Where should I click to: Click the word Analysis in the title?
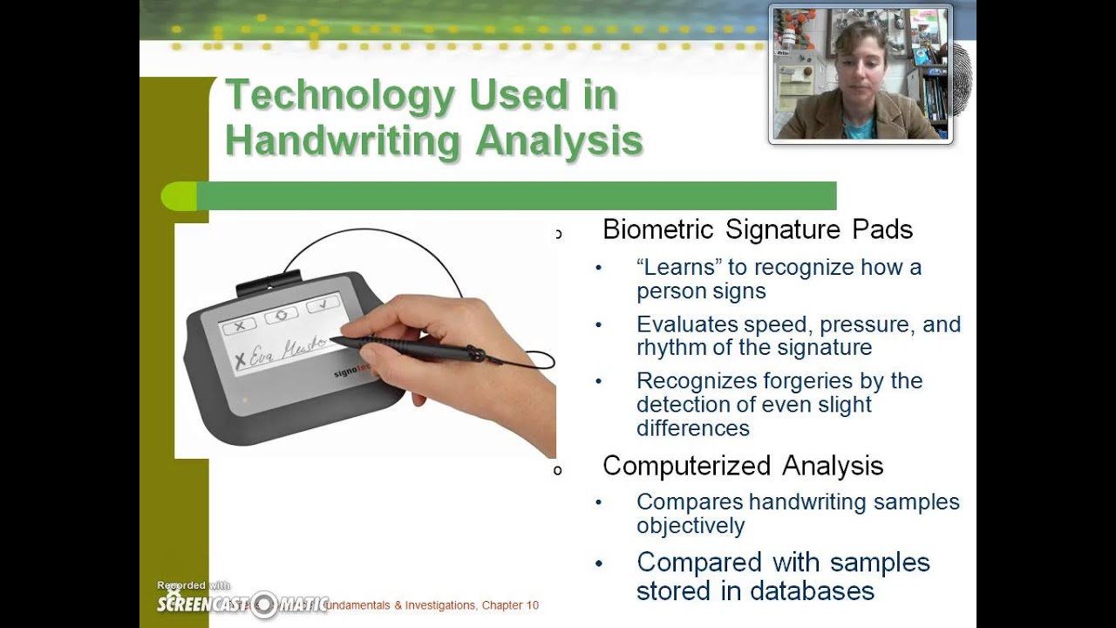pos(559,141)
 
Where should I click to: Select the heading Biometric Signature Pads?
pos(757,229)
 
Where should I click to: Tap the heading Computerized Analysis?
pos(743,466)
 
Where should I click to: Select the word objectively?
pos(690,525)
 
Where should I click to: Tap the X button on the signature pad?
pos(238,326)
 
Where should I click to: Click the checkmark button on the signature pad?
pos(322,304)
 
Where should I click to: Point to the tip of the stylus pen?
pos(332,339)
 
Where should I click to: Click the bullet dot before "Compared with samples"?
pos(598,563)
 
